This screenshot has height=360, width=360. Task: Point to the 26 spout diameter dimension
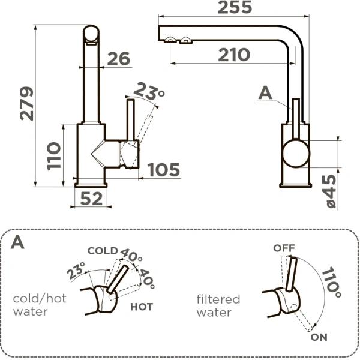(119, 59)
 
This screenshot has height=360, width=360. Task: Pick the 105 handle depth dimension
(164, 170)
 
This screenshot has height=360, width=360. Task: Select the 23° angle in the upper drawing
(149, 92)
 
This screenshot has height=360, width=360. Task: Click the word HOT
(141, 307)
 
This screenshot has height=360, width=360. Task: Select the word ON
(319, 337)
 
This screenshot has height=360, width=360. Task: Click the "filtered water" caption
(218, 305)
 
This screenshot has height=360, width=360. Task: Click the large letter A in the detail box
(19, 243)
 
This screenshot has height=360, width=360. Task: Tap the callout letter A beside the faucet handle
(266, 92)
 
